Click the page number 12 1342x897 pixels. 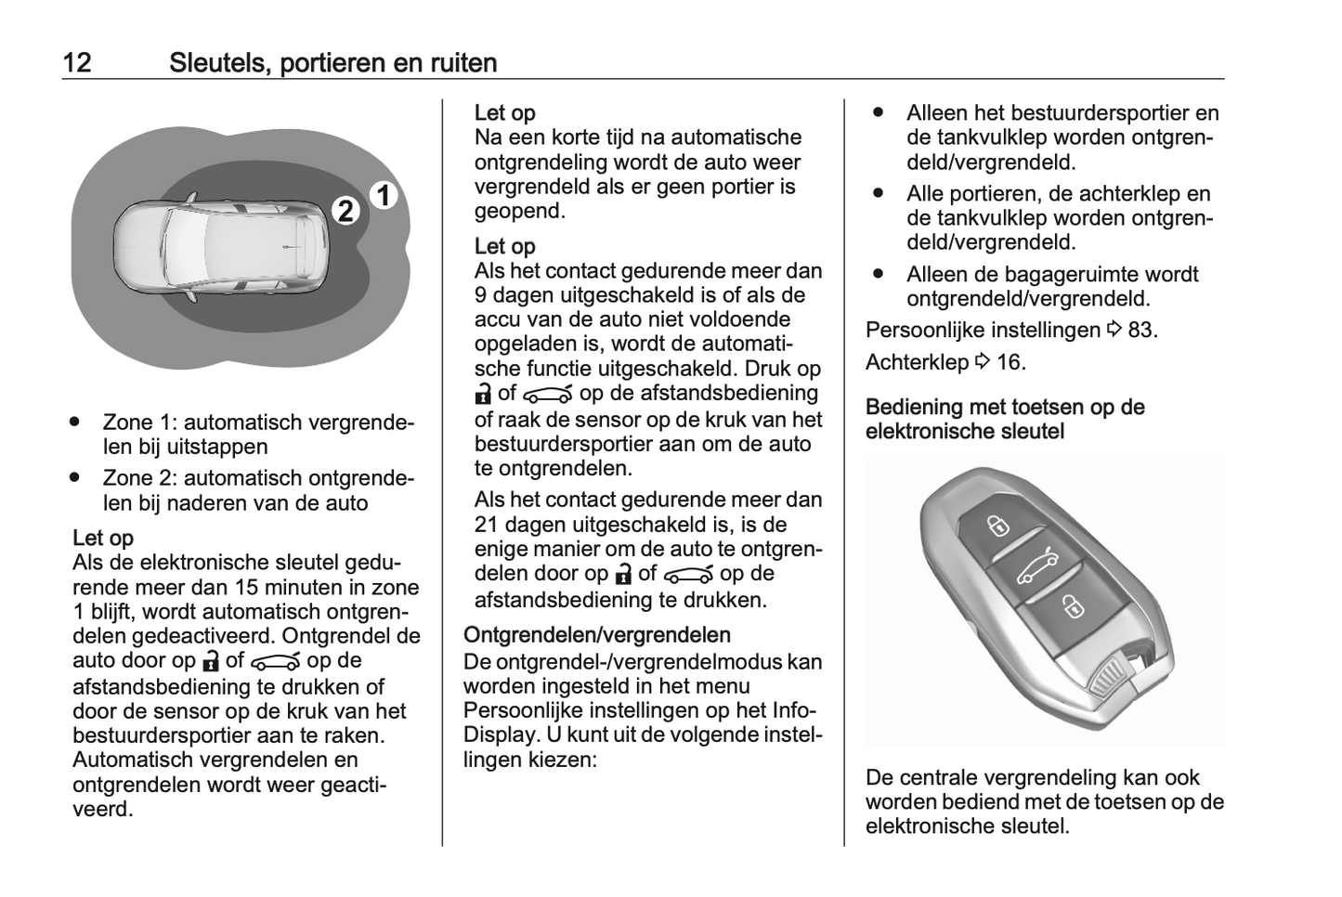coord(77,62)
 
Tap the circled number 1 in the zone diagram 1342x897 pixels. coord(383,196)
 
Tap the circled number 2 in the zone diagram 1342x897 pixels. coord(345,211)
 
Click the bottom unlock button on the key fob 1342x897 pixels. coord(1073,607)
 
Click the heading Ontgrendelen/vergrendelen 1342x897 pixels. coord(596,635)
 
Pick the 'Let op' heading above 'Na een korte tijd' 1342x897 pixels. coord(504,112)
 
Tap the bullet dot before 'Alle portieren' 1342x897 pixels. coord(878,193)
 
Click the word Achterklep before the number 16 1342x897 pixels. coord(917,361)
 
